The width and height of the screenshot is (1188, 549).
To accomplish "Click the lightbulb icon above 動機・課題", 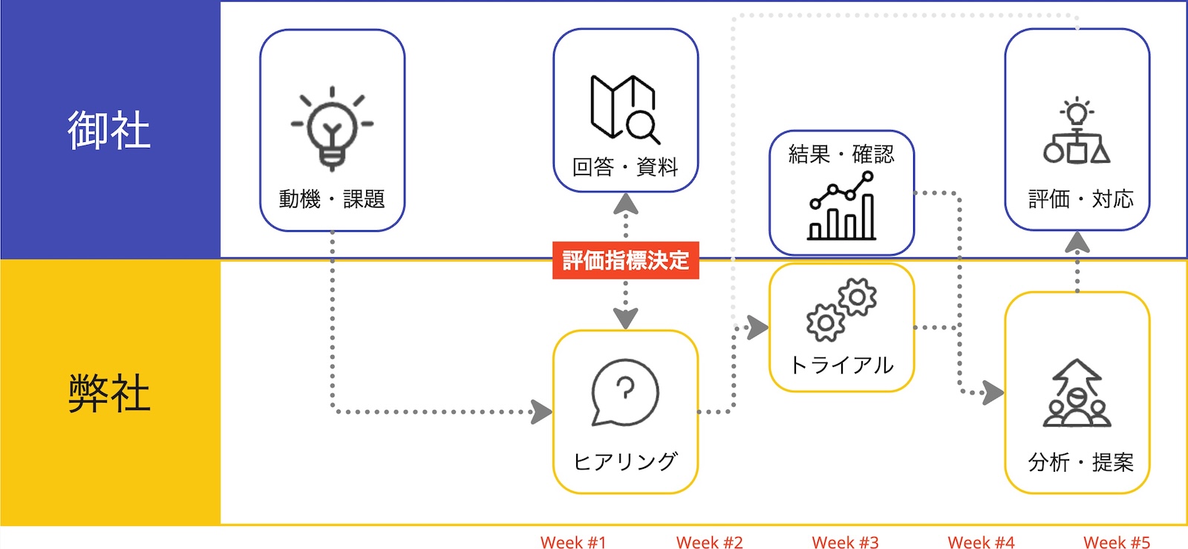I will pyautogui.click(x=332, y=129).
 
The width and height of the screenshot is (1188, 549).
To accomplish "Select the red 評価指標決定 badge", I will pyautogui.click(x=625, y=261).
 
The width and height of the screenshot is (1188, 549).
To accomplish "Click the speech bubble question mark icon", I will pyautogui.click(x=624, y=393).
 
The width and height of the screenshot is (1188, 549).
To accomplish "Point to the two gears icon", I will pyautogui.click(x=841, y=309).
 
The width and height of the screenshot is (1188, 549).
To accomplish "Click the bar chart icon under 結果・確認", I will pyautogui.click(x=842, y=206).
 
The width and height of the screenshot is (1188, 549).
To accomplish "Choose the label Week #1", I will pyautogui.click(x=573, y=542).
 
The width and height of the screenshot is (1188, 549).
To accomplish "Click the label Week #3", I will pyautogui.click(x=845, y=542).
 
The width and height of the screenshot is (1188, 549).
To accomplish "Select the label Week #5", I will pyautogui.click(x=1116, y=542).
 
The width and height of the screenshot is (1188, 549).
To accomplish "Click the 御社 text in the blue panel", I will pyautogui.click(x=109, y=130).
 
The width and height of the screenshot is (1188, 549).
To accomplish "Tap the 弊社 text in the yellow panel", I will pyautogui.click(x=109, y=393).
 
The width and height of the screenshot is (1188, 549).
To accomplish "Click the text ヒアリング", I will pyautogui.click(x=625, y=461).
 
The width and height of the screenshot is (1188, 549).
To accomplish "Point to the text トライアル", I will pyautogui.click(x=841, y=365).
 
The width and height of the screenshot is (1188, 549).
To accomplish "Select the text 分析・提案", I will pyautogui.click(x=1080, y=463).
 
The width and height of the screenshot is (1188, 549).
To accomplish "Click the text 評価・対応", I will pyautogui.click(x=1080, y=199).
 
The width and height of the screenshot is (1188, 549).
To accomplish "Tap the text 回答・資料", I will pyautogui.click(x=625, y=167).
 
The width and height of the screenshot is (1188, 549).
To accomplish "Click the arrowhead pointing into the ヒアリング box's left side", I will pyautogui.click(x=542, y=411).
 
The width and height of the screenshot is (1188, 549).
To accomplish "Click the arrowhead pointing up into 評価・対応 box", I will pyautogui.click(x=1077, y=241).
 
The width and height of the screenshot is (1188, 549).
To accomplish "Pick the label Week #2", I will pyautogui.click(x=709, y=542).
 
